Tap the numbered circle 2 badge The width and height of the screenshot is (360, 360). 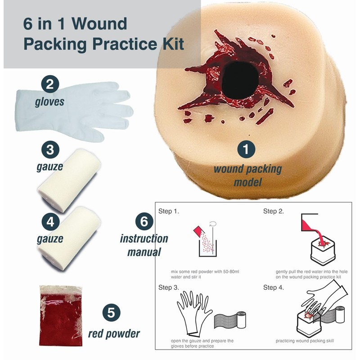click(x=49, y=83)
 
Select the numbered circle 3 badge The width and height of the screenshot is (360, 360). click(x=49, y=150)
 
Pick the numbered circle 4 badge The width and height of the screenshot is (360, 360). click(x=49, y=220)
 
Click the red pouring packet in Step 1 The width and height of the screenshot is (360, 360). click(x=197, y=230)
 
